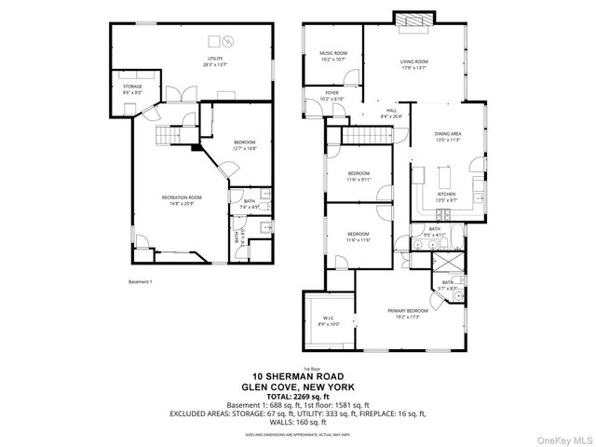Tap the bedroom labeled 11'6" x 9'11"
point(359,177)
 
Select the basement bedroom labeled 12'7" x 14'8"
point(244,144)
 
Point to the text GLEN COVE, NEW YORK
point(297,387)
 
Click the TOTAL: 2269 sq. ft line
point(297,396)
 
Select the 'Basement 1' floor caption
point(140,280)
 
